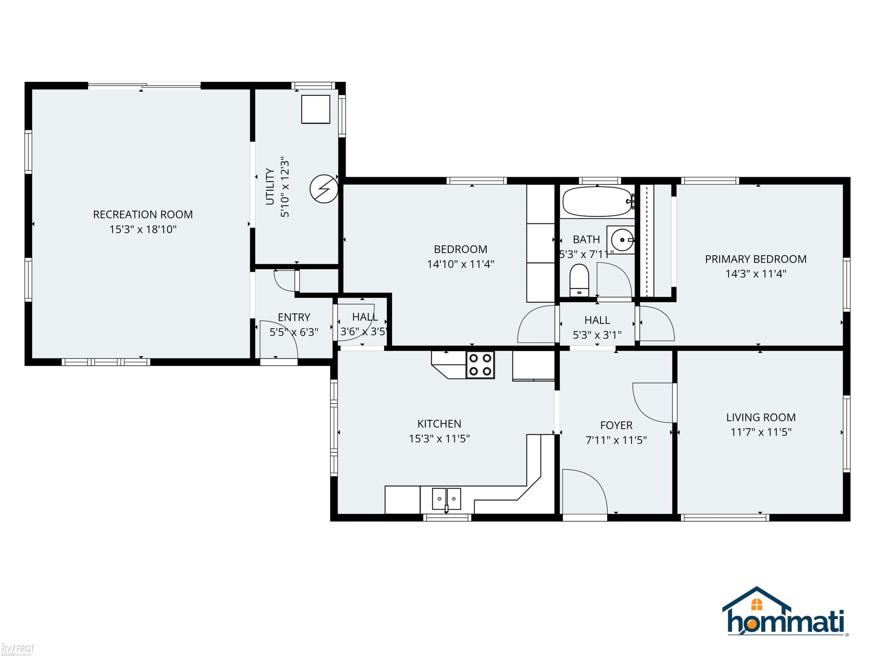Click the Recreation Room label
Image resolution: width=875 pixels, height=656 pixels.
pyautogui.click(x=143, y=214)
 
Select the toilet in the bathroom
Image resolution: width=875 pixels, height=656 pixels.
pyautogui.click(x=579, y=280)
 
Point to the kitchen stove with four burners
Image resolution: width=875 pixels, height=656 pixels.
pyautogui.click(x=480, y=364)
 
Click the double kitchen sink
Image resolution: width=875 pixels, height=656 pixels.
pyautogui.click(x=446, y=499)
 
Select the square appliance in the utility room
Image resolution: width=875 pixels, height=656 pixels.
pyautogui.click(x=316, y=109)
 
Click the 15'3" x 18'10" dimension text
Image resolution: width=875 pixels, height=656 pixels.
pyautogui.click(x=143, y=229)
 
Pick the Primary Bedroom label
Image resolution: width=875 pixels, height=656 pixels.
pyautogui.click(x=755, y=259)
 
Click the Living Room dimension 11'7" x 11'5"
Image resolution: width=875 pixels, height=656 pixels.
pyautogui.click(x=761, y=432)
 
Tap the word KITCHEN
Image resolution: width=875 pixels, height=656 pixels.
pyautogui.click(x=439, y=424)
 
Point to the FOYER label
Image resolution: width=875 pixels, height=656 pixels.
pyautogui.click(x=616, y=425)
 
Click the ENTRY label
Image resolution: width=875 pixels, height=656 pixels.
pyautogui.click(x=294, y=317)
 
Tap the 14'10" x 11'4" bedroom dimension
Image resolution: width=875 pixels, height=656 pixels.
pyautogui.click(x=461, y=264)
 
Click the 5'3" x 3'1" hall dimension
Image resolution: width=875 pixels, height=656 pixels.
pyautogui.click(x=597, y=335)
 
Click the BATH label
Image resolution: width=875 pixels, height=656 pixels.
pyautogui.click(x=586, y=240)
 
